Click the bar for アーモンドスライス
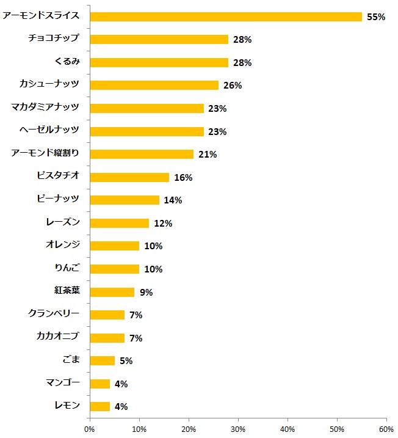coord(226,16)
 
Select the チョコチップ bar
coord(159,39)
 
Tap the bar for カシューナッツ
coord(154,85)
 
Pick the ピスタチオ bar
coord(129,177)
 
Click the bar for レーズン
coord(120,223)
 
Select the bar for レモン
coord(99,406)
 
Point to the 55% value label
coord(376,17)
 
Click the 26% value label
coord(233,86)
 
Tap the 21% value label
coord(208,155)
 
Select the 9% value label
coord(146,292)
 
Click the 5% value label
coord(126,361)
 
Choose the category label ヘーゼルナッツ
coord(50,131)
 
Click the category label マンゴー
coord(62,383)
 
